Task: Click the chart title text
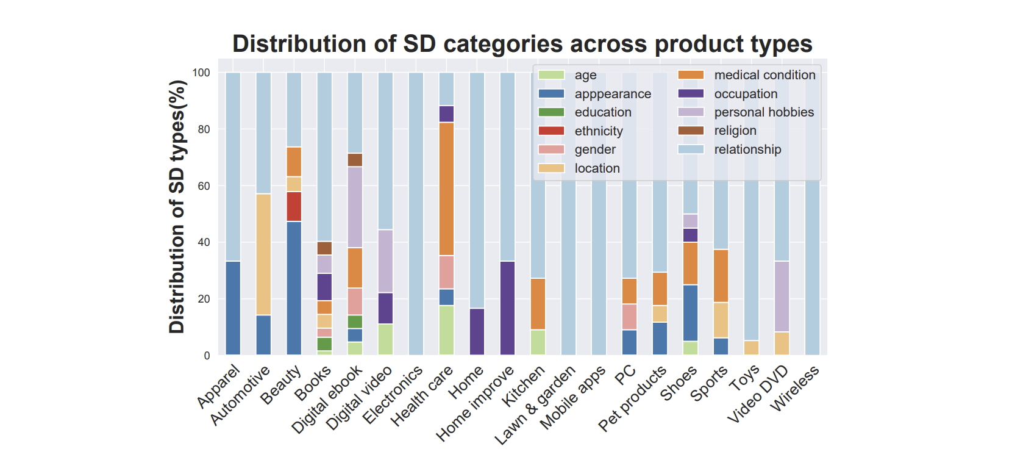coord(522,44)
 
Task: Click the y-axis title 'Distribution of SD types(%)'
coord(177,207)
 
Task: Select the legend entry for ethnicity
coord(598,131)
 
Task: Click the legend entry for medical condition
coord(764,75)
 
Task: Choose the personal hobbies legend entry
coord(764,112)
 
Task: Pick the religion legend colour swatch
coord(691,131)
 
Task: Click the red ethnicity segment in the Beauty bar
coord(294,206)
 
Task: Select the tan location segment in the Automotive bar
coord(263,254)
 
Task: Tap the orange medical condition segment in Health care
coord(446,189)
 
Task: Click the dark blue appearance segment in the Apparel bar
coord(233,308)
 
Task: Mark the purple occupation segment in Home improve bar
coord(507,308)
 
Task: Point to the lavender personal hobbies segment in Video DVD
coord(782,296)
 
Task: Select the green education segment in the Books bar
coord(324,344)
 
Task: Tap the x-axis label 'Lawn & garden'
coord(535,405)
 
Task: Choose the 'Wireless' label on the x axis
coord(795,389)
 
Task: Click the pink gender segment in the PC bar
coord(629,317)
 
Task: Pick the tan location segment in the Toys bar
coord(751,348)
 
